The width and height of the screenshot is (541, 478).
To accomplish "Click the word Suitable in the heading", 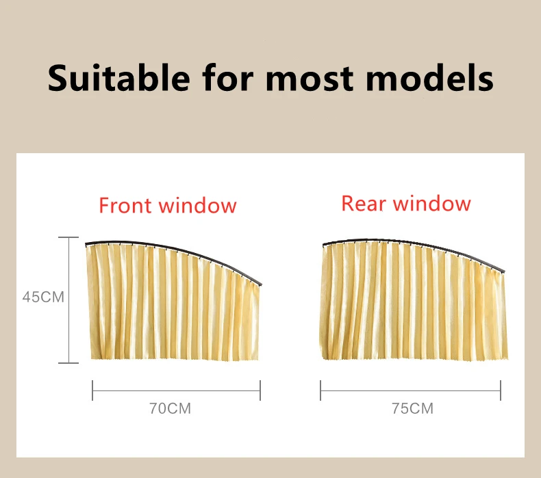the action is (x=118, y=77).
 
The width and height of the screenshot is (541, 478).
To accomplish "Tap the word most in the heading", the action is (x=310, y=79).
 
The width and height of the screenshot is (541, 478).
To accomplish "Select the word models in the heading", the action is (x=429, y=77).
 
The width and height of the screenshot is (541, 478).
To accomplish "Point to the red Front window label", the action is (x=168, y=205).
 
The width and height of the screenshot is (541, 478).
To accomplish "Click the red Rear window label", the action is (x=406, y=203).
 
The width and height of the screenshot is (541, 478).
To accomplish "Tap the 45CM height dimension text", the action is (x=43, y=297).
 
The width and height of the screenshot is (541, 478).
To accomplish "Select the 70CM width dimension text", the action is (x=170, y=408).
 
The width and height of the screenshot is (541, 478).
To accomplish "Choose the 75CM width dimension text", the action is (x=413, y=408).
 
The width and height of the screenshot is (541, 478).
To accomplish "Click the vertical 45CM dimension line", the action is (x=68, y=300).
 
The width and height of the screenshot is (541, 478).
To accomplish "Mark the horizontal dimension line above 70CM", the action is (x=176, y=390).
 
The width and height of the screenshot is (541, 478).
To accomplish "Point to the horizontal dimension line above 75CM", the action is (x=411, y=390).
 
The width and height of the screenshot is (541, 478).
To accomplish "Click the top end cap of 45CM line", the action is (x=68, y=237).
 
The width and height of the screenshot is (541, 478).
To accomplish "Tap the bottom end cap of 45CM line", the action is (x=68, y=363).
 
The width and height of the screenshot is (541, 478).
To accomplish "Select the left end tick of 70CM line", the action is (x=92, y=390).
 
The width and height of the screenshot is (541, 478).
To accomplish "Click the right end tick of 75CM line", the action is (x=501, y=390).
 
